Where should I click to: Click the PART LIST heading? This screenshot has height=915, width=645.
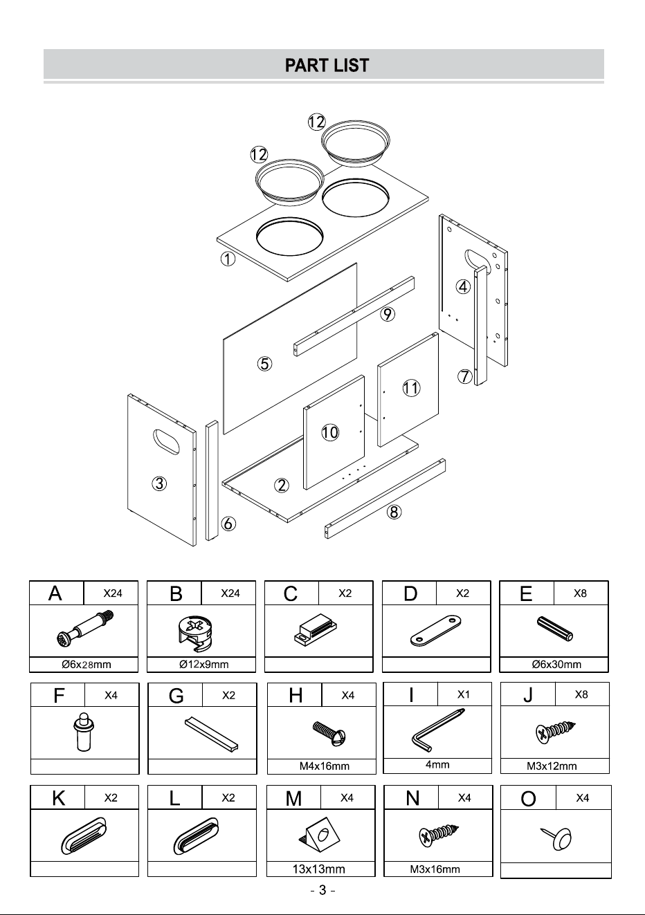[x=327, y=65]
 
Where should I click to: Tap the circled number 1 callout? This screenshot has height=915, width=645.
[x=228, y=259]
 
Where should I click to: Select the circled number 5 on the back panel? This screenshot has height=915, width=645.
[x=265, y=363]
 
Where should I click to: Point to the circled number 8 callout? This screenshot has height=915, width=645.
[x=394, y=512]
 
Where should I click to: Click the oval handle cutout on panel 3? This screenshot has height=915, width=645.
[x=166, y=441]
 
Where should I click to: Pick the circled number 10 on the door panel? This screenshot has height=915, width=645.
[x=330, y=432]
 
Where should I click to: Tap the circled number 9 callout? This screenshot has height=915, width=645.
[x=388, y=314]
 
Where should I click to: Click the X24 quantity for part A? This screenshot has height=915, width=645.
[x=112, y=593]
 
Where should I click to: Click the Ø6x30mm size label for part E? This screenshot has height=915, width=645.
[x=556, y=664]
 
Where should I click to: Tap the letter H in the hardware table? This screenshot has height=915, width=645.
[x=296, y=695]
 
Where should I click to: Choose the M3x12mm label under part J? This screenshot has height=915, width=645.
[x=552, y=766]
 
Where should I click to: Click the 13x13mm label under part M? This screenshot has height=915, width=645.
[x=318, y=869]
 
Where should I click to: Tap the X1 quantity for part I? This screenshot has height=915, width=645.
[x=464, y=694]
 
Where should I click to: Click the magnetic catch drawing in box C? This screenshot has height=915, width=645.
[x=315, y=630]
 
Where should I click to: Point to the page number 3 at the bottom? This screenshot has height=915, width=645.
[x=322, y=889]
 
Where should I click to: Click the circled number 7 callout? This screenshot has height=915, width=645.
[x=465, y=376]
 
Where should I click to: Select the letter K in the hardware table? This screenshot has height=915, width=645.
[x=58, y=797]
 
